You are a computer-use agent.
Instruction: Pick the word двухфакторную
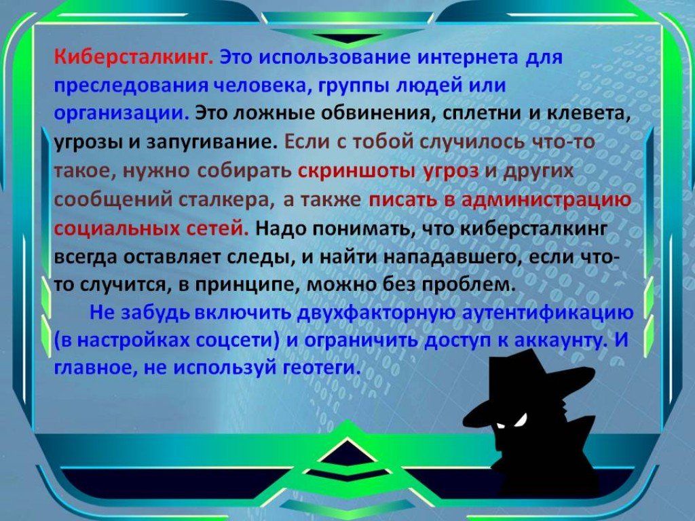377,313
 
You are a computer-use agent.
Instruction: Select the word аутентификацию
548,313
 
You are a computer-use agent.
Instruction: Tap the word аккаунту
561,341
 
